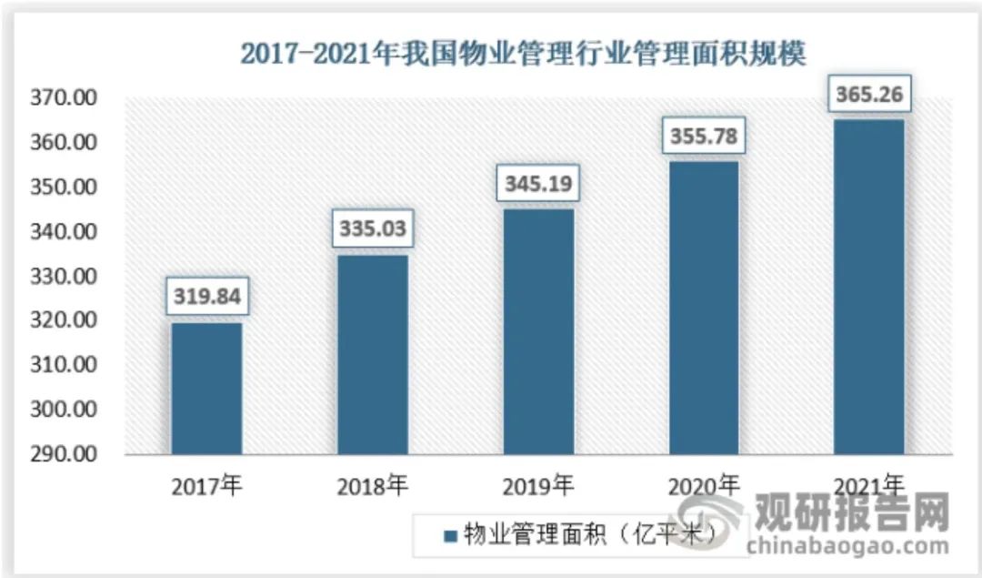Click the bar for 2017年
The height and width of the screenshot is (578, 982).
[x=207, y=389]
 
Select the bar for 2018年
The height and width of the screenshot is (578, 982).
[x=373, y=355]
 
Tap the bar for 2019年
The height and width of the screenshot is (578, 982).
[x=538, y=332]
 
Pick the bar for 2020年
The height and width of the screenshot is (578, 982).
[x=704, y=308]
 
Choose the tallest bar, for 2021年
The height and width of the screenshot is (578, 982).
[x=869, y=287]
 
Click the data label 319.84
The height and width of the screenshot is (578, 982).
[x=207, y=295]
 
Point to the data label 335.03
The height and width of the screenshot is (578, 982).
[x=373, y=228]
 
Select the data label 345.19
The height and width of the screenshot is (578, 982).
[x=538, y=182]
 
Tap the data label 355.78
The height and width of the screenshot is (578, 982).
[x=704, y=137]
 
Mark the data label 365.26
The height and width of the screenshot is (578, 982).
[x=869, y=94]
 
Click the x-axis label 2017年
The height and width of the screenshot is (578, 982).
[x=207, y=486]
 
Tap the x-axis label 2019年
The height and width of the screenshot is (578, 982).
[x=538, y=486]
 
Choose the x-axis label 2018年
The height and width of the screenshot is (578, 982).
[x=373, y=486]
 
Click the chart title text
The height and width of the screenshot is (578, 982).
[x=523, y=53]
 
